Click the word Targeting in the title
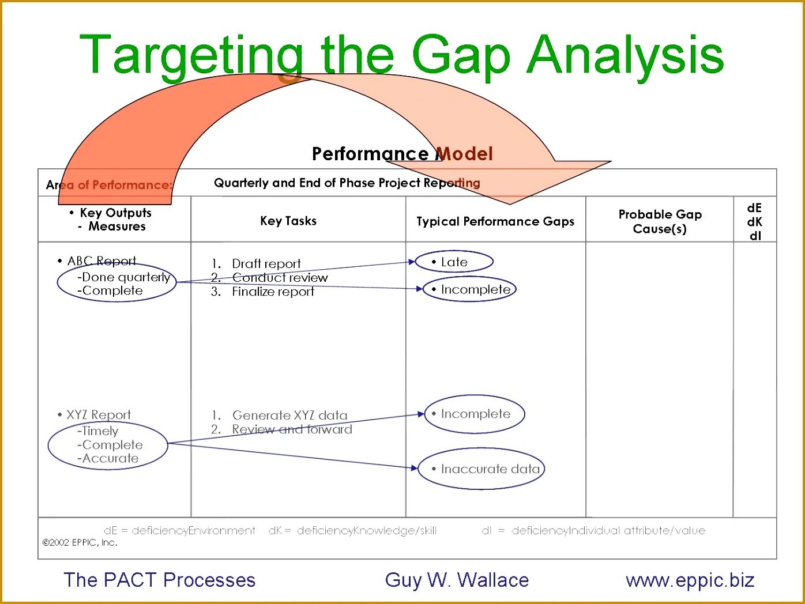click(190, 55)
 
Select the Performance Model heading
click(402, 154)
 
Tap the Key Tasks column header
click(288, 221)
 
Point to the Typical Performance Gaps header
click(495, 221)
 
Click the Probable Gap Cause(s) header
click(660, 221)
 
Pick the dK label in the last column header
click(754, 222)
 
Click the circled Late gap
click(454, 262)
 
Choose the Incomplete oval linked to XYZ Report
click(475, 414)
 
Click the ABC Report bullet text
click(101, 261)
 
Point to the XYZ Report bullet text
click(99, 415)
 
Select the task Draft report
click(266, 264)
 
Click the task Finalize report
click(273, 292)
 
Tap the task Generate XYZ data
click(289, 416)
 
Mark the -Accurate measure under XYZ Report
click(108, 459)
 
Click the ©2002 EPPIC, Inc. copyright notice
click(80, 542)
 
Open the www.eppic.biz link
click(690, 580)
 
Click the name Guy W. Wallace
click(457, 580)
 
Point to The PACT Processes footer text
click(159, 580)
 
